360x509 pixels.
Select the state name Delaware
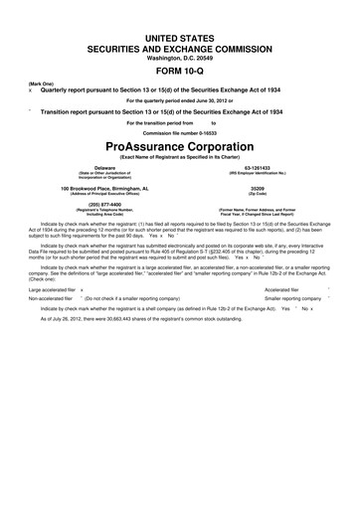point(90,168)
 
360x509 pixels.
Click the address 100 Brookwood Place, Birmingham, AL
point(90,188)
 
